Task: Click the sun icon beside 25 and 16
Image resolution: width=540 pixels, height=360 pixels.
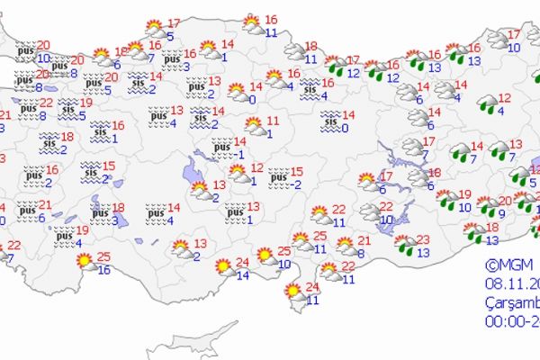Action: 85,262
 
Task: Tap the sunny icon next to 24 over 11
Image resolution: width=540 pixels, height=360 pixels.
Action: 292,292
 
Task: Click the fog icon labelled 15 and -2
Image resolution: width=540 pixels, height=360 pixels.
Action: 278,174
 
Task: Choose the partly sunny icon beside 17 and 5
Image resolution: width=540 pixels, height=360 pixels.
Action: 155,28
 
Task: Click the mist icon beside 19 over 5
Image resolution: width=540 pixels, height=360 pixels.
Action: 68,110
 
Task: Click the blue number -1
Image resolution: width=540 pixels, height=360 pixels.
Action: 238,154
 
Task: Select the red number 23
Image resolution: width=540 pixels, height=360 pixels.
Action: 423,239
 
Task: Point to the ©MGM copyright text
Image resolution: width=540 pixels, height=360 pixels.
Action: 503,265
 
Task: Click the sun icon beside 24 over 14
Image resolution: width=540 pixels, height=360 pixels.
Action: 221,266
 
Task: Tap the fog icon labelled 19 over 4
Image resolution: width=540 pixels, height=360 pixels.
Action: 63,236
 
